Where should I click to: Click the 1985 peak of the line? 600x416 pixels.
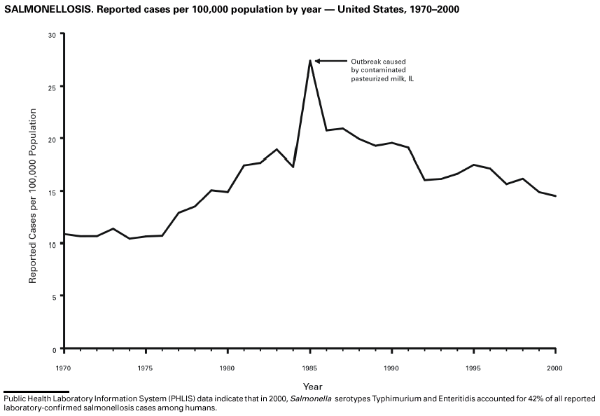click(x=309, y=61)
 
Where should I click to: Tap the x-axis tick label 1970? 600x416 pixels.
click(x=64, y=367)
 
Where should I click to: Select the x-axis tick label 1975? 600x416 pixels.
click(x=145, y=367)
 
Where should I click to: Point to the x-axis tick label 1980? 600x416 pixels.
click(x=227, y=367)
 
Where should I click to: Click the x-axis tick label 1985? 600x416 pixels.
click(x=309, y=367)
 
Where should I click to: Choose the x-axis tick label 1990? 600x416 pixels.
click(x=391, y=367)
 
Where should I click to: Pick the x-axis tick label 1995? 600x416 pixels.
click(x=473, y=367)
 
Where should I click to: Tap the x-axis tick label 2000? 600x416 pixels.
click(x=554, y=367)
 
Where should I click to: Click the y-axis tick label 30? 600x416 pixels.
click(x=52, y=34)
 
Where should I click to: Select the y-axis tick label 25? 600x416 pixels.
click(x=52, y=87)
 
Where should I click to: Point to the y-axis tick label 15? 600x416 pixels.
click(x=52, y=191)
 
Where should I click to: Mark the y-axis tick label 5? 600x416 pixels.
click(x=54, y=296)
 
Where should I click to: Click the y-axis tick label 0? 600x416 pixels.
click(x=54, y=349)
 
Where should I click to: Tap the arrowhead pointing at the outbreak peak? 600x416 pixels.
click(x=317, y=61)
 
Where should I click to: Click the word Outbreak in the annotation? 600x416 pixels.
click(x=366, y=62)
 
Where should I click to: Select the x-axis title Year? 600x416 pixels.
click(x=312, y=386)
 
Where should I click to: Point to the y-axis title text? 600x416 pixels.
click(x=32, y=191)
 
